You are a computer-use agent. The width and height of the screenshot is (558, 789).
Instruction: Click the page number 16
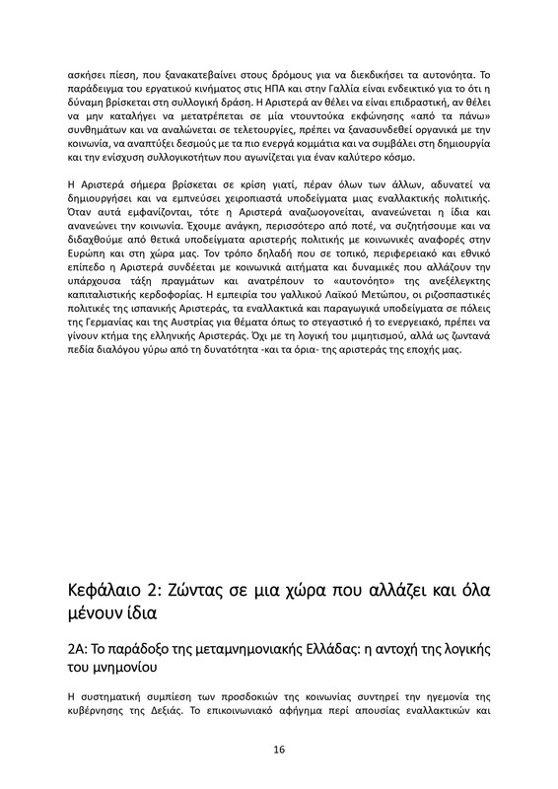[279, 750]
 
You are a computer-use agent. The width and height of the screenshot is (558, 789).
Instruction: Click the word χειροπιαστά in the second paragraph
[258, 199]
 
